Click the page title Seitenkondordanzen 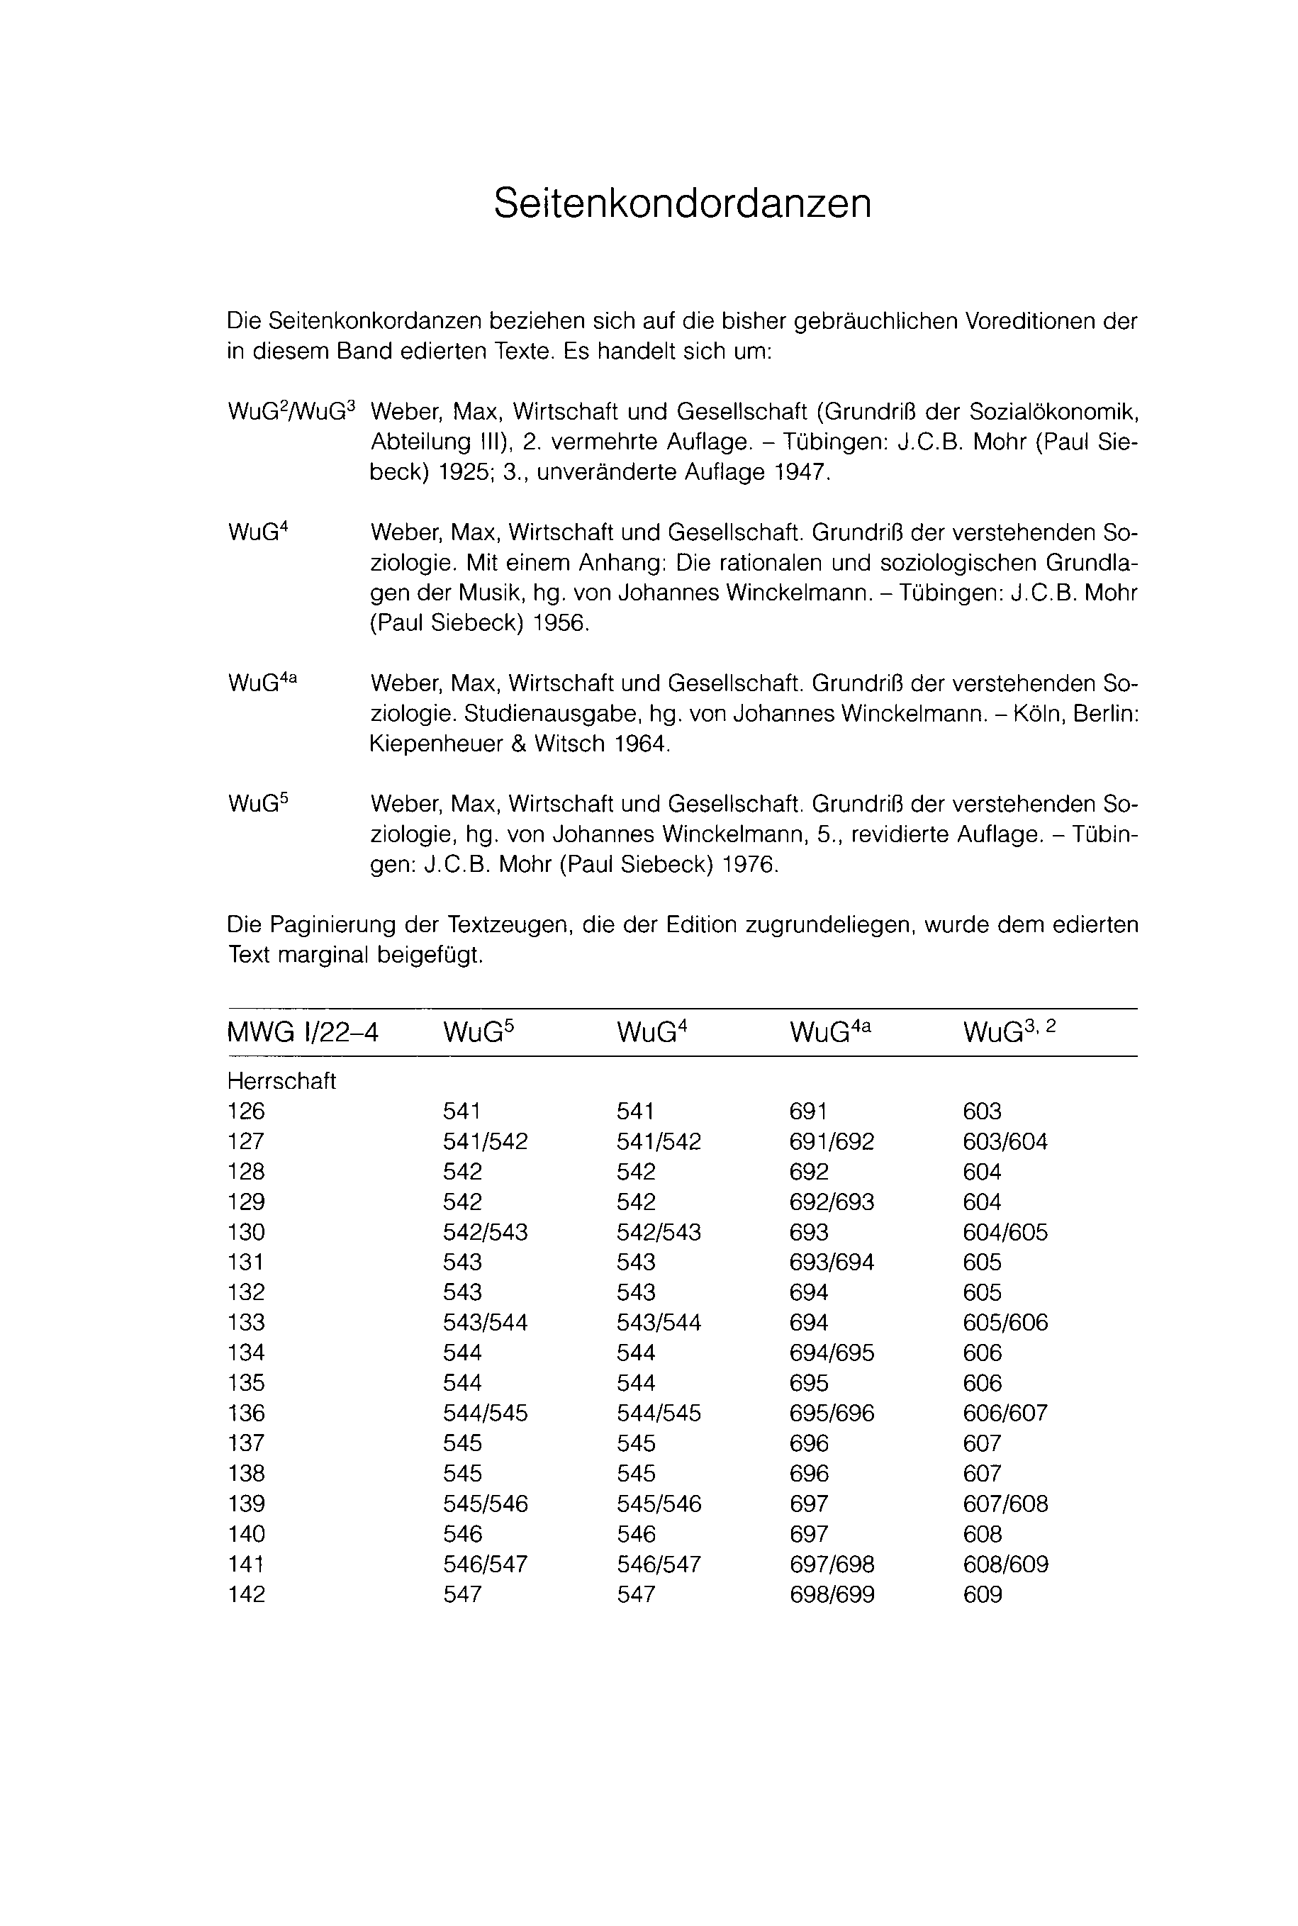click(x=682, y=203)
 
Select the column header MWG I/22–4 click(x=302, y=1033)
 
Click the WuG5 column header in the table click(x=479, y=1032)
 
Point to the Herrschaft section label click(x=281, y=1082)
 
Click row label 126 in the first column click(x=246, y=1112)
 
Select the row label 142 click(x=247, y=1595)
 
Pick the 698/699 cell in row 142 click(x=832, y=1595)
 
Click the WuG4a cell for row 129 click(x=832, y=1202)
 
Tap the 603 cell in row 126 click(x=982, y=1112)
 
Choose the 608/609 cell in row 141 click(x=1005, y=1564)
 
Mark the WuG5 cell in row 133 click(x=485, y=1323)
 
